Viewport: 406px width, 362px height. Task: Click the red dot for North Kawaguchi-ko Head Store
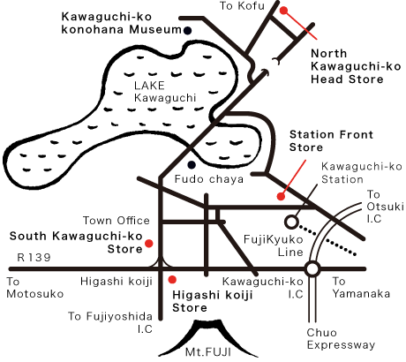coord(283,11)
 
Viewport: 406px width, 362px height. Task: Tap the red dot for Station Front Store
coord(281,196)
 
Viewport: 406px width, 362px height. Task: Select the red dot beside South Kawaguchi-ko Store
coord(149,244)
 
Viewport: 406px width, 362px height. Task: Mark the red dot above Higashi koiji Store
coord(172,279)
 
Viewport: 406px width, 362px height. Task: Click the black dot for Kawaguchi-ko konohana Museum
coord(187,30)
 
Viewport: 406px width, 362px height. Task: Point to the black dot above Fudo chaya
coord(192,165)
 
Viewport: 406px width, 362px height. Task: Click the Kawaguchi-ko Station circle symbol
coord(291,222)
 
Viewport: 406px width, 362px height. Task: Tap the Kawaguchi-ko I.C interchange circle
coord(312,268)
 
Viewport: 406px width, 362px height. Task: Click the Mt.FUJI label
coord(207,352)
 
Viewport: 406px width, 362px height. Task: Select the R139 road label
coord(34,258)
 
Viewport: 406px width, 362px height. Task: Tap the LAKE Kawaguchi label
coord(165,92)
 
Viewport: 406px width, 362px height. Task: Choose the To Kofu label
coord(242,6)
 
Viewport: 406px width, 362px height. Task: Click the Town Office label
coord(117,221)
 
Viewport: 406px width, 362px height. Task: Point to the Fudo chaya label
coord(209,179)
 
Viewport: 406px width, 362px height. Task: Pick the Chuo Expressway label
coord(341,339)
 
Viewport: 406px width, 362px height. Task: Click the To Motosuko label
coord(34,288)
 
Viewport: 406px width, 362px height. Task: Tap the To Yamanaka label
coord(361,287)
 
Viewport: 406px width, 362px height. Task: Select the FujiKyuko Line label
coord(274,245)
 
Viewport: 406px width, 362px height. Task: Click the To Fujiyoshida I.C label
coord(110,322)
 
